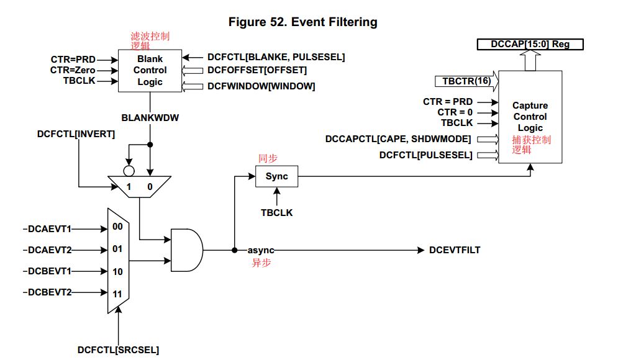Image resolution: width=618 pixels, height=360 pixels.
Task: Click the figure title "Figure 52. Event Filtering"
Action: coord(303,22)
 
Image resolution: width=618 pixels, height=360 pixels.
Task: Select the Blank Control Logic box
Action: coord(150,71)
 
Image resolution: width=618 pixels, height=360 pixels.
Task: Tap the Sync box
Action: coord(276,176)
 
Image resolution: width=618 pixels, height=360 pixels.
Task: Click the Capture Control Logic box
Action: coord(530,117)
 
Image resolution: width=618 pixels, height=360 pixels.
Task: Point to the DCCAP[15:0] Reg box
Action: coord(530,44)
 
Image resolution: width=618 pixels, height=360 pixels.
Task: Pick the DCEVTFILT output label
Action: coord(455,250)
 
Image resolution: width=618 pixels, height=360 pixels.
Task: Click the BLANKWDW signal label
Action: coord(150,115)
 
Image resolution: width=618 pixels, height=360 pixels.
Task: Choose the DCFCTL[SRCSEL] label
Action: coord(118,350)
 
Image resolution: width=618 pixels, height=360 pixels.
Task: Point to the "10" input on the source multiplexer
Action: coord(117,272)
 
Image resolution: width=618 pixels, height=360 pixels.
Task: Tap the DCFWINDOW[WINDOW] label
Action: coord(261,86)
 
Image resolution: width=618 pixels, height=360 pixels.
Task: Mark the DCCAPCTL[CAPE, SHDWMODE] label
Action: coord(398,138)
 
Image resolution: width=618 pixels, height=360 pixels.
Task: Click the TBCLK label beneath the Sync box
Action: coord(277,212)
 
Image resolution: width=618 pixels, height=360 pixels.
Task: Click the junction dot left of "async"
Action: coord(234,250)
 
